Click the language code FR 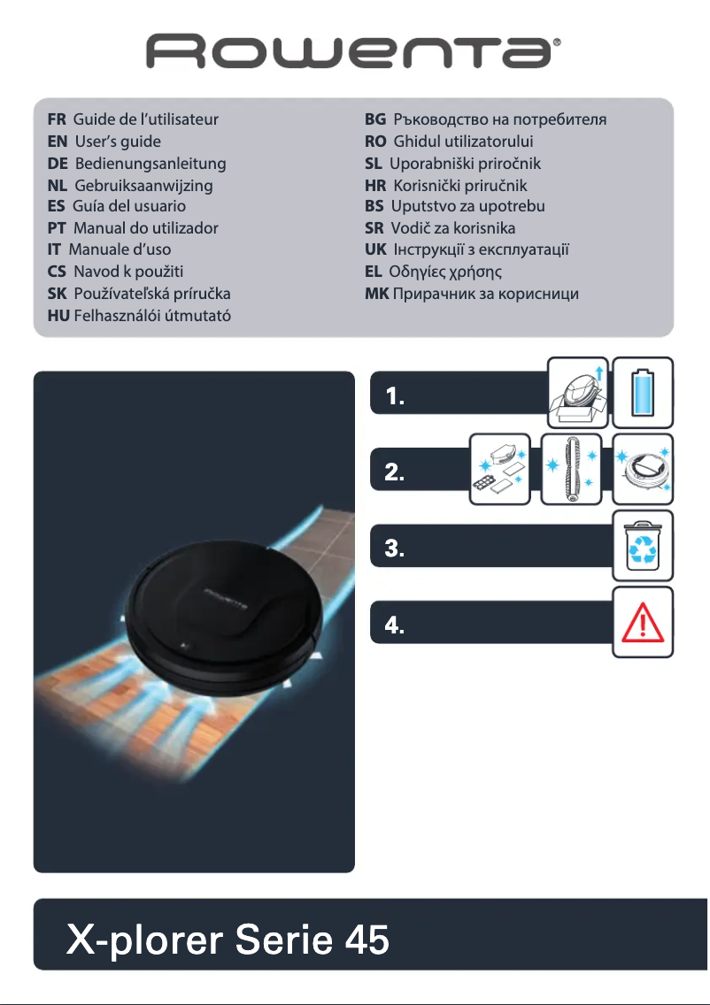pos(57,119)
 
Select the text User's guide pos(118,141)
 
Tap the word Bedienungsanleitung pos(150,164)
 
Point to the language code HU pos(58,316)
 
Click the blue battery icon pos(644,392)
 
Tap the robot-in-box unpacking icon pos(576,392)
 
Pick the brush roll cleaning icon pos(571,469)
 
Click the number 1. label pos(396,398)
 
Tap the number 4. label pos(396,626)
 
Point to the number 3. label pos(396,549)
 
